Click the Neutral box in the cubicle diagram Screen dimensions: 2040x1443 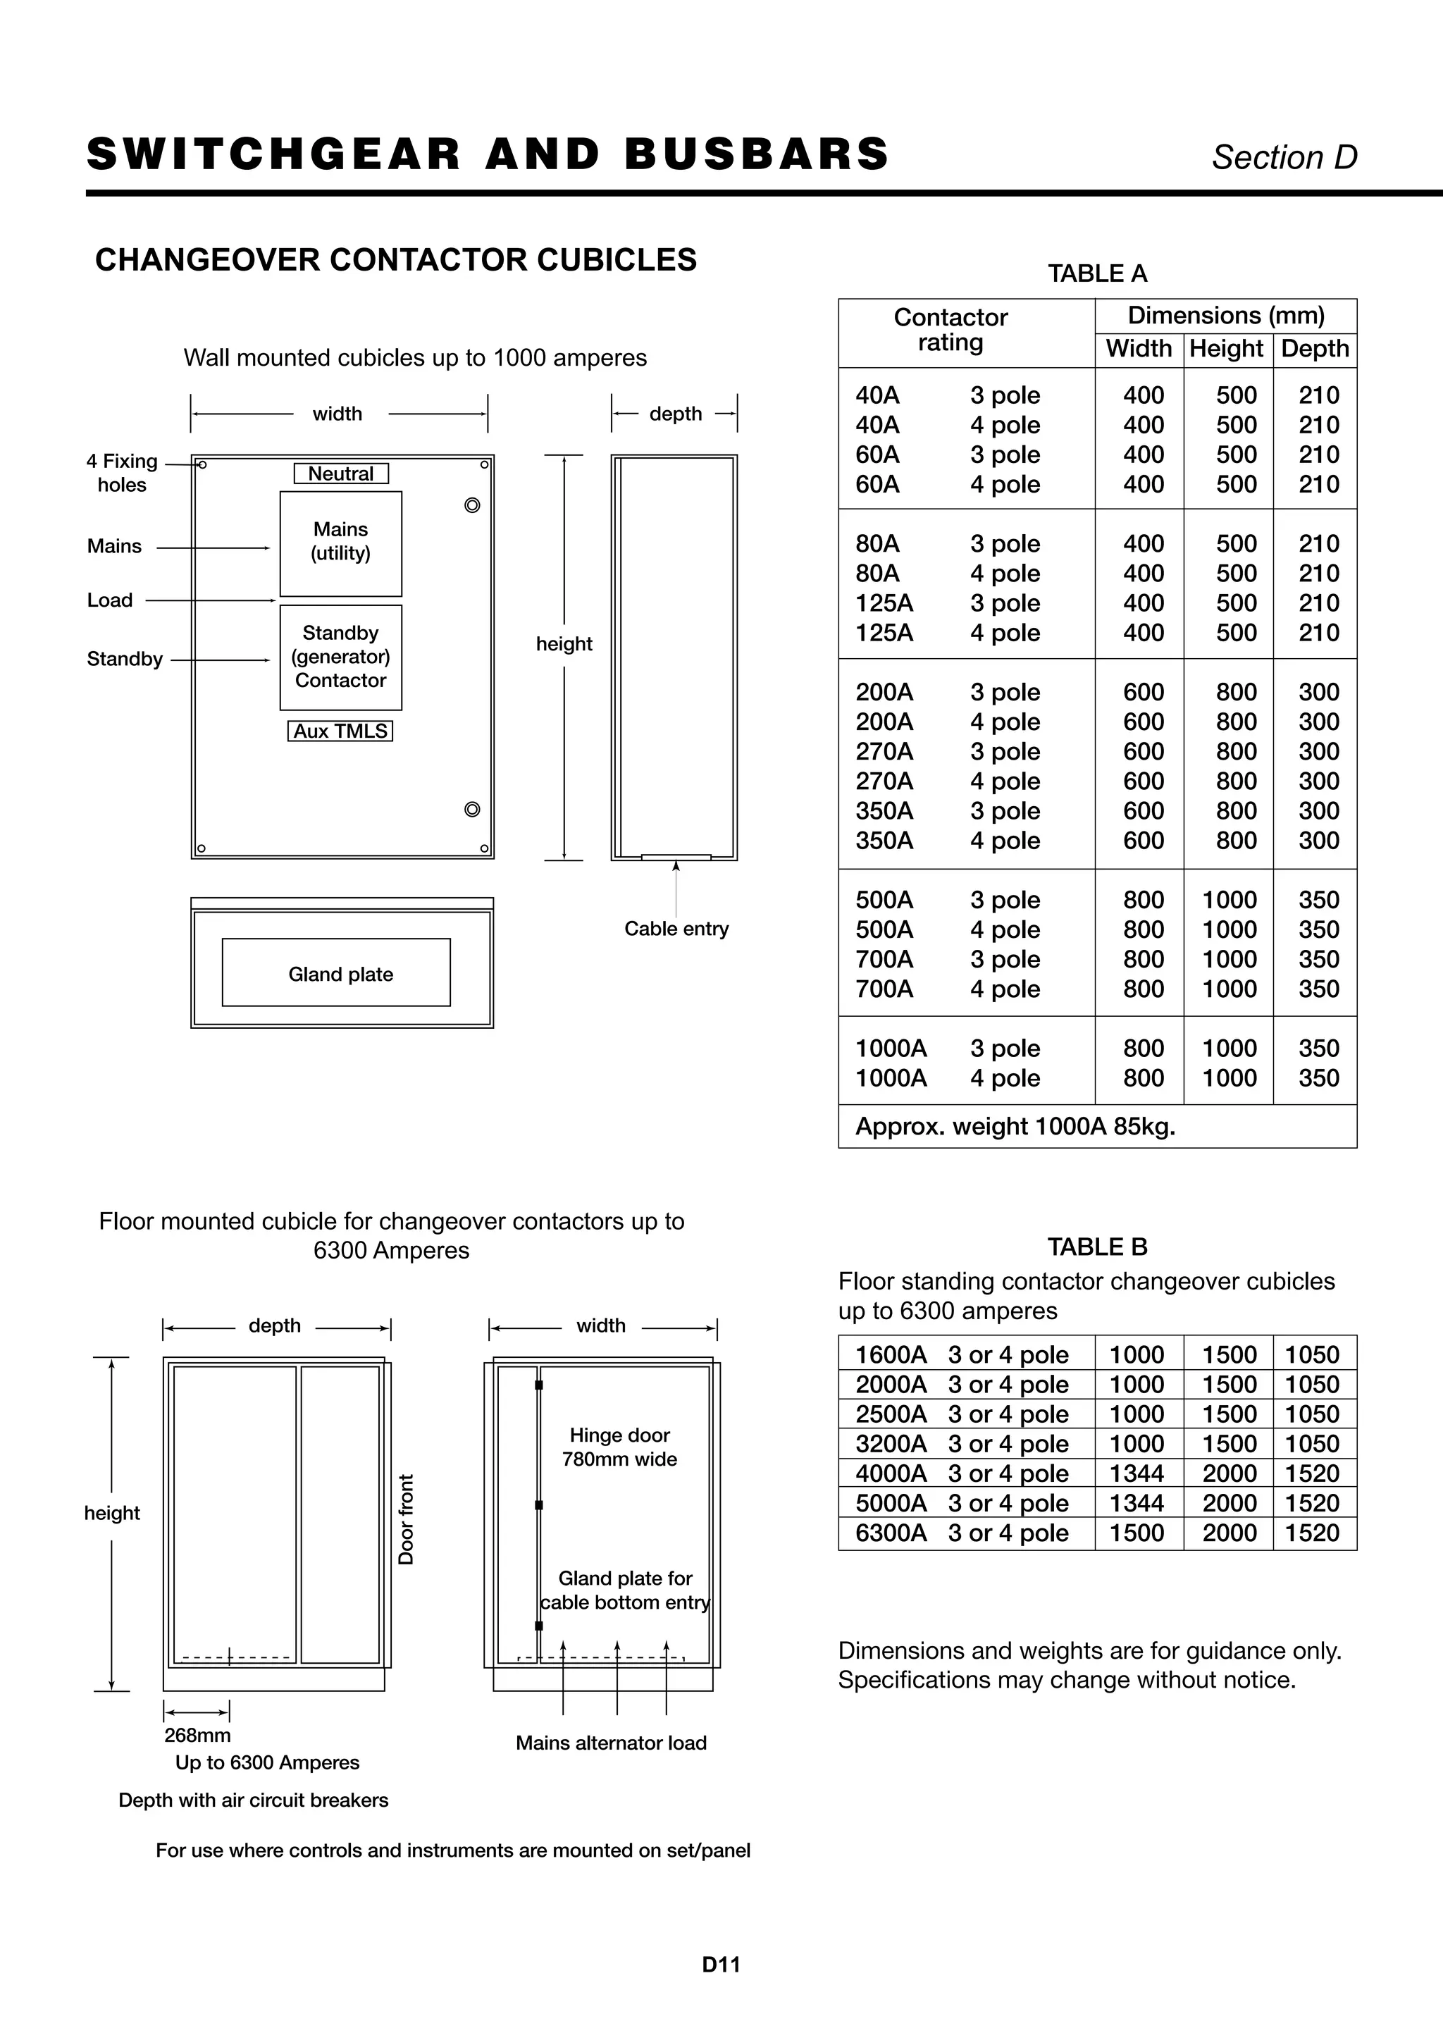(x=340, y=474)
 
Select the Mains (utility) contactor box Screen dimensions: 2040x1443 (x=340, y=543)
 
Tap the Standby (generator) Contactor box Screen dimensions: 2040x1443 (x=340, y=657)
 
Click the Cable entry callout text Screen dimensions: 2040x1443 (x=676, y=929)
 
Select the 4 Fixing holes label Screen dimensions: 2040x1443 (x=122, y=473)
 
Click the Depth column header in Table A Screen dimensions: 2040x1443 (x=1314, y=348)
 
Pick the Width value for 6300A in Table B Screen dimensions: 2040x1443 (x=1137, y=1533)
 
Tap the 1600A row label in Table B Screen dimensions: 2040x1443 (x=891, y=1355)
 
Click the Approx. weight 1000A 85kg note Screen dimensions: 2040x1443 (x=1015, y=1127)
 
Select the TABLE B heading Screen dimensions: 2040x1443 (x=1097, y=1247)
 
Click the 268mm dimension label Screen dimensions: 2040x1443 (x=197, y=1736)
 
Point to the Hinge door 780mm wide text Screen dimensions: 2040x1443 (x=619, y=1447)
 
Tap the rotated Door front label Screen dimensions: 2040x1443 (x=406, y=1519)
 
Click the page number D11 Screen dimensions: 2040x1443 (x=721, y=1965)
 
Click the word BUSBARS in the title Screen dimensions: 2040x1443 (x=757, y=154)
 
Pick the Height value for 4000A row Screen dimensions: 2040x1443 (x=1229, y=1473)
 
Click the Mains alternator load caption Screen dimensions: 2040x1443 (x=612, y=1743)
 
